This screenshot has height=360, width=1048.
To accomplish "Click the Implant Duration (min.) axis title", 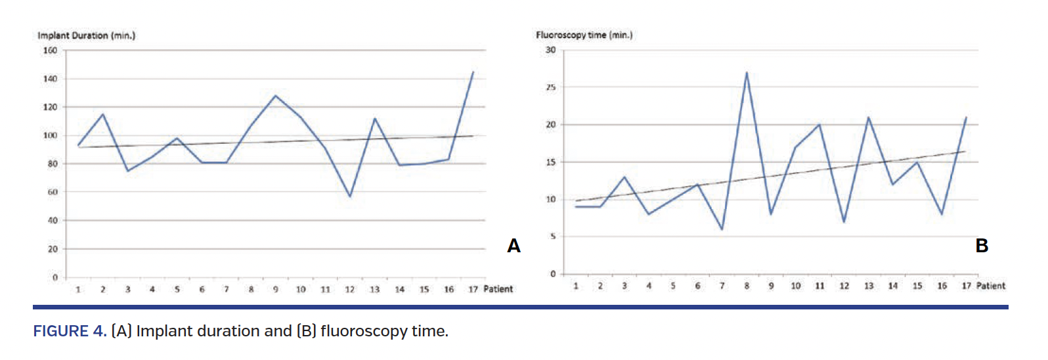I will pyautogui.click(x=86, y=35).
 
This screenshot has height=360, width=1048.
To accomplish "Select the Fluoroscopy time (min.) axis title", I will pyautogui.click(x=584, y=35).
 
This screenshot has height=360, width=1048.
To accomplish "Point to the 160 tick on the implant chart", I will pyautogui.click(x=51, y=51).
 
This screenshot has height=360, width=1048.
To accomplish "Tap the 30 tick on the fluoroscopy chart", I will pyautogui.click(x=550, y=50).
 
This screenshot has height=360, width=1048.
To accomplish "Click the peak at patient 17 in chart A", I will pyautogui.click(x=473, y=72).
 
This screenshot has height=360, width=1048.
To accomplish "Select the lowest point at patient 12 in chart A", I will pyautogui.click(x=350, y=196).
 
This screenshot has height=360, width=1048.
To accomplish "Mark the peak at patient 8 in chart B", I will pyautogui.click(x=747, y=73).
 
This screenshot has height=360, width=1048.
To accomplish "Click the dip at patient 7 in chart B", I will pyautogui.click(x=722, y=229).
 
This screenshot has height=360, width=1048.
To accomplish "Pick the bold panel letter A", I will pyautogui.click(x=513, y=246).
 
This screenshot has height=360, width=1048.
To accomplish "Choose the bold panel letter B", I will pyautogui.click(x=982, y=246).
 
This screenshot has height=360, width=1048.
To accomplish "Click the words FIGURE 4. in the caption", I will pyautogui.click(x=70, y=331).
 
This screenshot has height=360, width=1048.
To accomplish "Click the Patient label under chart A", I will pyautogui.click(x=498, y=289).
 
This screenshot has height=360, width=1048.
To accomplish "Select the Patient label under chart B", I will pyautogui.click(x=991, y=286).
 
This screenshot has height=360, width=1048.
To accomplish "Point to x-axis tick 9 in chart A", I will pyautogui.click(x=276, y=290).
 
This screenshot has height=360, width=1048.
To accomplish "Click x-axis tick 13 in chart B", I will pyautogui.click(x=869, y=286).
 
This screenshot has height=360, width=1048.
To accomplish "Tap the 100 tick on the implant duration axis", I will pyautogui.click(x=51, y=135).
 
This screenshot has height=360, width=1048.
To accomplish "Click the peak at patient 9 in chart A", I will pyautogui.click(x=276, y=96).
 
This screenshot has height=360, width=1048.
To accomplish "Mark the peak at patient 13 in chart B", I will pyautogui.click(x=869, y=118).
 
